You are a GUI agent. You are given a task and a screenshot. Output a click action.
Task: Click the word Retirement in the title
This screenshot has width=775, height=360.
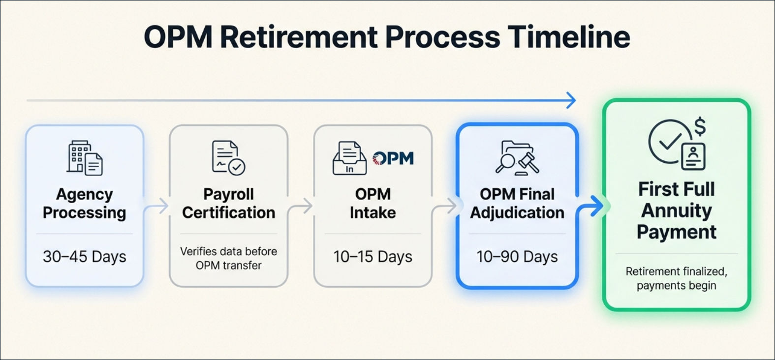pos(299,36)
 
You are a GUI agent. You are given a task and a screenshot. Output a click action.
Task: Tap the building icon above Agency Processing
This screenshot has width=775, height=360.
pos(85,158)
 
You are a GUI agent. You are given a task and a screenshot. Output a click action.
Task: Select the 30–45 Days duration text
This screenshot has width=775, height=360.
pos(85,257)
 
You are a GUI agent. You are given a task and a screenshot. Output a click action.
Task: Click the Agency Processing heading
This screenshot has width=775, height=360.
pos(85,203)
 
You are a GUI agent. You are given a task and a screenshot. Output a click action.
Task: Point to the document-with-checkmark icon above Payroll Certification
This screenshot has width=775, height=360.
pos(228,158)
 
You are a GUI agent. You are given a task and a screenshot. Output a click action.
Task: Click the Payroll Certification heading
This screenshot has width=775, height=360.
pos(228,203)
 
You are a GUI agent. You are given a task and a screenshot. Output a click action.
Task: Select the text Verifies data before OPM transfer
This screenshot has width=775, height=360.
pos(228,258)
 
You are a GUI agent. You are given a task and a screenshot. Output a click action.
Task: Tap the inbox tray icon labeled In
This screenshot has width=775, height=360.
pos(349,158)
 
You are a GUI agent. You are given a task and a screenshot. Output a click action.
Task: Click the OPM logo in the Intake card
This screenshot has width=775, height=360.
pos(393,158)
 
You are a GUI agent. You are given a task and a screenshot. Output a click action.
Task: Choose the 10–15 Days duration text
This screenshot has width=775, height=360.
pos(372,257)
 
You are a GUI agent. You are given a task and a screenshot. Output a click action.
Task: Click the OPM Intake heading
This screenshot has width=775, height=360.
pos(372,203)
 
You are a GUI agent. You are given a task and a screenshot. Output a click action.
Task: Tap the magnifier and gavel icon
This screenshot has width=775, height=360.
pos(517,158)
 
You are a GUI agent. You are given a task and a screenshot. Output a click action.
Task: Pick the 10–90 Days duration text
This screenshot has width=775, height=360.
pos(517,257)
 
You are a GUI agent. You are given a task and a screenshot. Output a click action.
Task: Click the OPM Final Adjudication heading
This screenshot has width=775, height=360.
pos(517,203)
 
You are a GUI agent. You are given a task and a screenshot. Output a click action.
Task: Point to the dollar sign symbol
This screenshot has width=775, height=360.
pos(700,126)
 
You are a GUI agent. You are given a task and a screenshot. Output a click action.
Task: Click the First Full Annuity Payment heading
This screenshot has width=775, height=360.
pos(677,210)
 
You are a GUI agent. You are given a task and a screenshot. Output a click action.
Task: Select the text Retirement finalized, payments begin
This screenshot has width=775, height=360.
pos(677,278)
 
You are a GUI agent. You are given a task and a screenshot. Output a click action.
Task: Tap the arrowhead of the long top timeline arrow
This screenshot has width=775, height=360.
pos(572,101)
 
